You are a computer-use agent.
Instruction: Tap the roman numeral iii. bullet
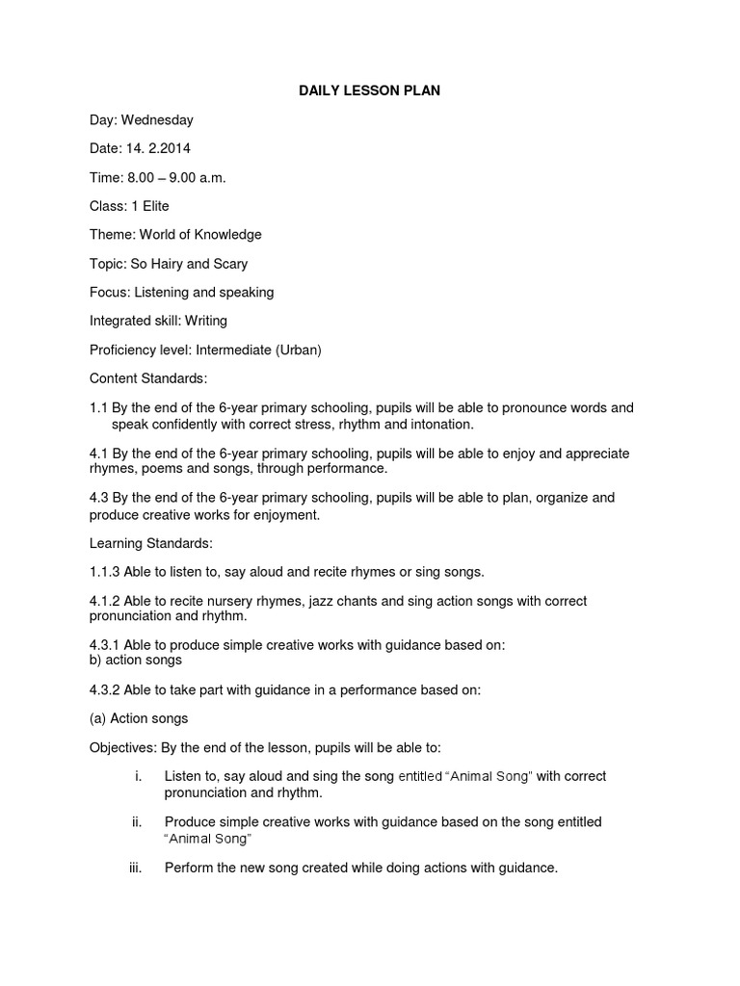135,868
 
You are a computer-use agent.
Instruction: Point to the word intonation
442,423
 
